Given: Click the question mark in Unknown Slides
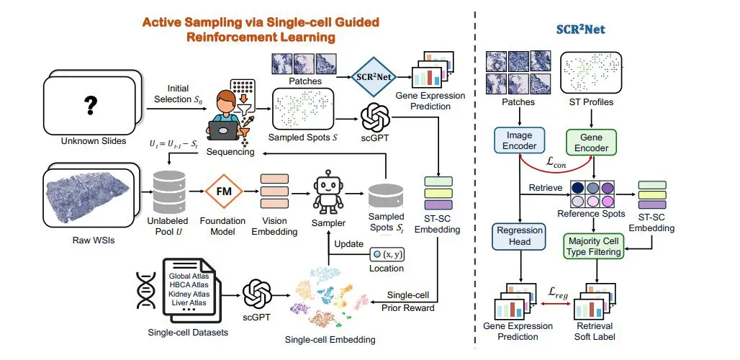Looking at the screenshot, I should (91, 106).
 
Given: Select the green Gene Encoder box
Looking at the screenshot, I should (595, 143).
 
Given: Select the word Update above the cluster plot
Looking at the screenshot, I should (348, 244).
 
